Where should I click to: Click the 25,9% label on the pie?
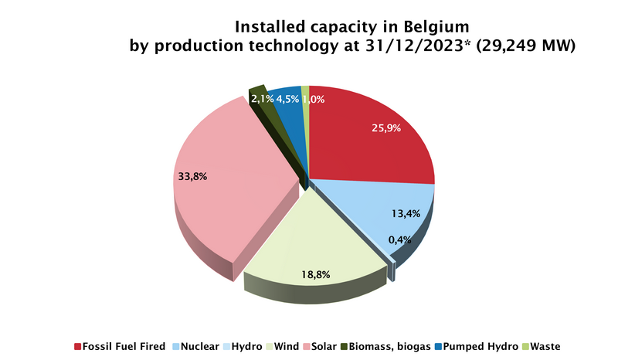(385, 127)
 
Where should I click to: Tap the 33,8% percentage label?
(192, 176)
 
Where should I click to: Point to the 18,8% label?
(314, 273)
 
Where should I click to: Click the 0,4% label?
(400, 239)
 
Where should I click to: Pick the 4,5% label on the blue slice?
(288, 99)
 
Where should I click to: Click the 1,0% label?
(313, 99)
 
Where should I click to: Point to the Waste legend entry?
(545, 346)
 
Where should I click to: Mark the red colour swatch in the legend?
(77, 346)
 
